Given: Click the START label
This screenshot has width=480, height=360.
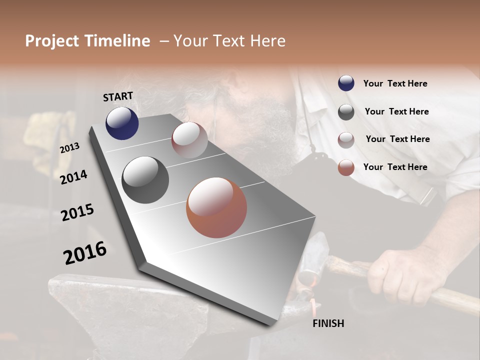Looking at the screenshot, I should pos(118,96).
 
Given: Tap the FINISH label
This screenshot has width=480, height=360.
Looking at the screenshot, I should pos(328,323).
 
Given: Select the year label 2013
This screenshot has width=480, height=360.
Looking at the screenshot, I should pos(70,147).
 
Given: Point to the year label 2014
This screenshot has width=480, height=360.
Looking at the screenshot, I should pos(73,177).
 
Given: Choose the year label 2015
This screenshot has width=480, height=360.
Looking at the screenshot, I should pos(77,212).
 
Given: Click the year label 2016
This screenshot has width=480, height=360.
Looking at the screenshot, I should pos(85,252).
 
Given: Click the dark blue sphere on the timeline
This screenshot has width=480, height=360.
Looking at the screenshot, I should pos(122,123).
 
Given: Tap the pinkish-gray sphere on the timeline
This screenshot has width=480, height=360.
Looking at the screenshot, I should pos(189,139).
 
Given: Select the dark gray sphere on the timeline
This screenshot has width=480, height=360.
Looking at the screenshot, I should pos(145,180).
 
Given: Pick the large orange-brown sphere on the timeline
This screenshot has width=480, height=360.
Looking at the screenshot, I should pos(216,207).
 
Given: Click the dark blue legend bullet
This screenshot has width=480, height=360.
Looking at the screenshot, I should pos(346,83).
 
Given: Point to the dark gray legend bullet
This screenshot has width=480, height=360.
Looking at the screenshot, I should pos(346,112).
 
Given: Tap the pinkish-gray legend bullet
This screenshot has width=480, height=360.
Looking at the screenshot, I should pos(346,140).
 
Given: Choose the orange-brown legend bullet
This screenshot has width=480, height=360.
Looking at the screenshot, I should pos(346,167).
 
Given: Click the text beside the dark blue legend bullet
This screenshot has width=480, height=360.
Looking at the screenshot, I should pos(395,83).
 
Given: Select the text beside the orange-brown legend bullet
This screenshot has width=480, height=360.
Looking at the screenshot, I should pos(395,167).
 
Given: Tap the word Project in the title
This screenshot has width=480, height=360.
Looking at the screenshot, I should pos(52,41).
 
